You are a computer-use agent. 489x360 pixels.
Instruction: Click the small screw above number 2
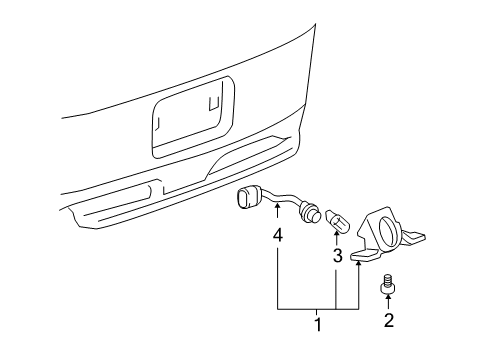click(x=386, y=289)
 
